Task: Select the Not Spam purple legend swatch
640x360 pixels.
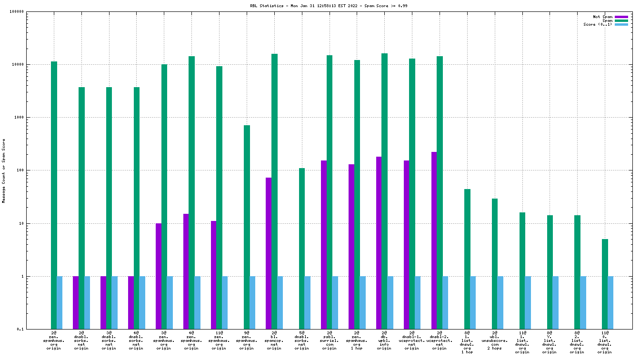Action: (621, 17)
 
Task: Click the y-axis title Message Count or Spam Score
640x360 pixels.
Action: (4, 171)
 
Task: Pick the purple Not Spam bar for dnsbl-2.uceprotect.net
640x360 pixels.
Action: (434, 240)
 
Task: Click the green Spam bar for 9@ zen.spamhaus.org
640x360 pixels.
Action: (247, 227)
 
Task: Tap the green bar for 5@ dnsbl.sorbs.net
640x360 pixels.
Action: (302, 248)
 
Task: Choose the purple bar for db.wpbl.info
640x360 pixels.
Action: (379, 243)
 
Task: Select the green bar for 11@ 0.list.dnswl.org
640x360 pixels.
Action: (605, 284)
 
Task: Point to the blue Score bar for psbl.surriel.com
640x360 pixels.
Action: (335, 302)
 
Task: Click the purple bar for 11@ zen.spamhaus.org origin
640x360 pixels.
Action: (213, 275)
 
